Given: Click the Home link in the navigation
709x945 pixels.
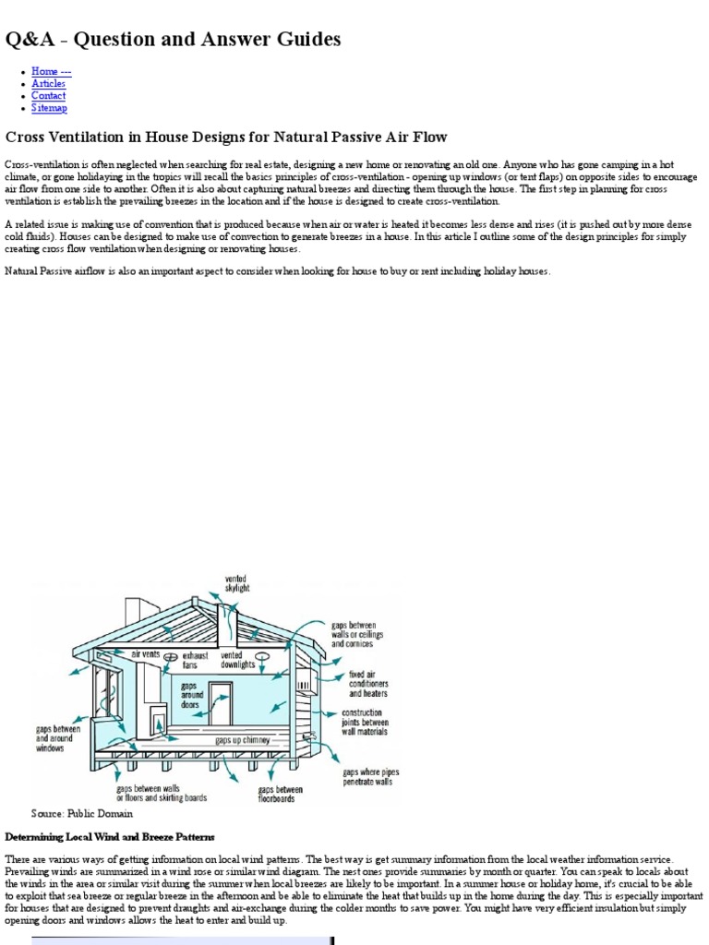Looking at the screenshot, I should tap(51, 71).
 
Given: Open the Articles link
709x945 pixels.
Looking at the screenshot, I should tap(48, 83).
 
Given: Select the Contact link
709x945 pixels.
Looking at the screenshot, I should tap(48, 95).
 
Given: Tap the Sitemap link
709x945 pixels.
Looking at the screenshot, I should tap(49, 108).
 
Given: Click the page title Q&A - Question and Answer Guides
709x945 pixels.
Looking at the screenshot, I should tap(174, 39).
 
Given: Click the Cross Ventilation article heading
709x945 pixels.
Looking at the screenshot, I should tap(226, 137).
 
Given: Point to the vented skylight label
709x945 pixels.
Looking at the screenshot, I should tap(237, 583).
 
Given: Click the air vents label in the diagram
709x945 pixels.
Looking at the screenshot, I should tap(145, 653).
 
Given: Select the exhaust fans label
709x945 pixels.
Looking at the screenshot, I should tap(189, 659).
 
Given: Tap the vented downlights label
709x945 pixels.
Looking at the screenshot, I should tap(237, 659).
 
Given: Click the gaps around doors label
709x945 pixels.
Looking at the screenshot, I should tap(189, 695).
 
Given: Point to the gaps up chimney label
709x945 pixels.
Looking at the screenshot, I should tap(243, 740).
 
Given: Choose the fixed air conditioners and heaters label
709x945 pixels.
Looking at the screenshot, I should tap(367, 684).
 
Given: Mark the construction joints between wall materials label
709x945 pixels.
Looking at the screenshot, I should tap(365, 722).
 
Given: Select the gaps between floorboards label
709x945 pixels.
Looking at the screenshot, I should tap(279, 795).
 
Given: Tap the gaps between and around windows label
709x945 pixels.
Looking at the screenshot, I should tap(57, 738).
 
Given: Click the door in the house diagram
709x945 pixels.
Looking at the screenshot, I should tap(221, 704).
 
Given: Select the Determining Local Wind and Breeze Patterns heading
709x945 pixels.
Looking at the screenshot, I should tap(110, 837).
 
